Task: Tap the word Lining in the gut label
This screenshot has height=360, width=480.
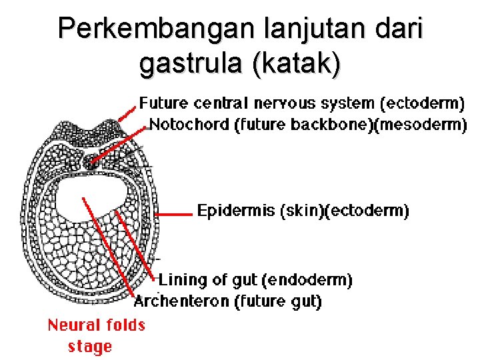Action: pos(180,279)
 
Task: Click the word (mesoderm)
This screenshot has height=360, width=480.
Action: pos(422,124)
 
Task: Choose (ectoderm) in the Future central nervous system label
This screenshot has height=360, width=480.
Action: pos(421,103)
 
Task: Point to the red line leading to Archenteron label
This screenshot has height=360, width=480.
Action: pos(110,247)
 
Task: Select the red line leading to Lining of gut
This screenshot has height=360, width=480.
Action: pos(137,243)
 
